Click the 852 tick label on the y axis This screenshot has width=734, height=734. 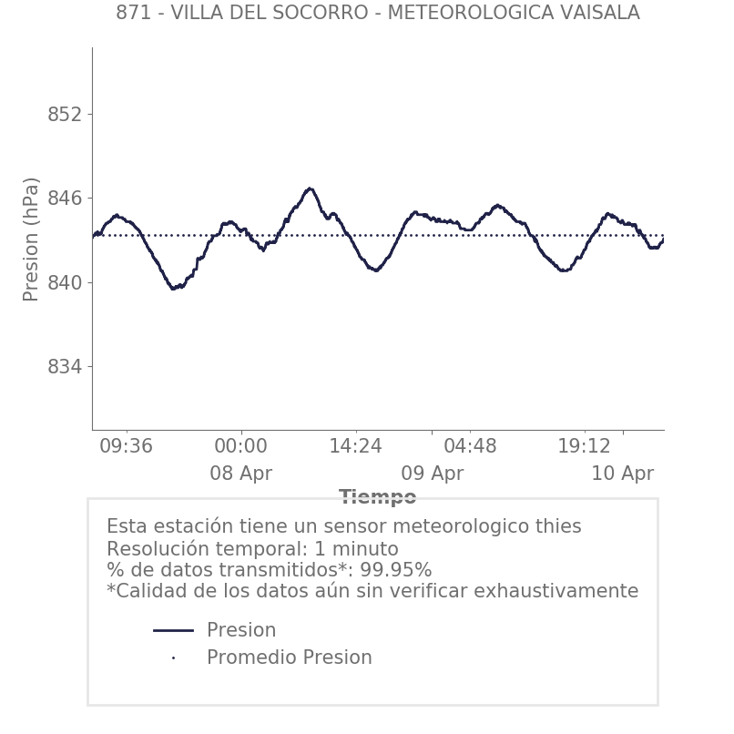64,115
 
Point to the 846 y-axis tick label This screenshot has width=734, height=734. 64,199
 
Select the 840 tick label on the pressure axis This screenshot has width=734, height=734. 64,282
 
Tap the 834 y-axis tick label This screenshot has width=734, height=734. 64,367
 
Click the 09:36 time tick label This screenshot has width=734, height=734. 126,446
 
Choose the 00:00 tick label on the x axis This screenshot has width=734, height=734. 240,446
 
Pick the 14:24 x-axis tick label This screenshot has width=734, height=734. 355,446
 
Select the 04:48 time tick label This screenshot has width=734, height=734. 470,446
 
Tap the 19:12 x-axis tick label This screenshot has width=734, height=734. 584,446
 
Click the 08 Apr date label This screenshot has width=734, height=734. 240,474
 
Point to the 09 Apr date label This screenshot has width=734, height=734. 432,474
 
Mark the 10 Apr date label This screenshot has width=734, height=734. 622,474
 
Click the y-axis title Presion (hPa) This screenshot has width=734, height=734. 32,239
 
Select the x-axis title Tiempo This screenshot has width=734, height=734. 377,497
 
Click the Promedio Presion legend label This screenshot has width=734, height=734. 289,658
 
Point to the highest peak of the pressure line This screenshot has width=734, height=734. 310,189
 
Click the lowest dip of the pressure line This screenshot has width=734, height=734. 174,288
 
